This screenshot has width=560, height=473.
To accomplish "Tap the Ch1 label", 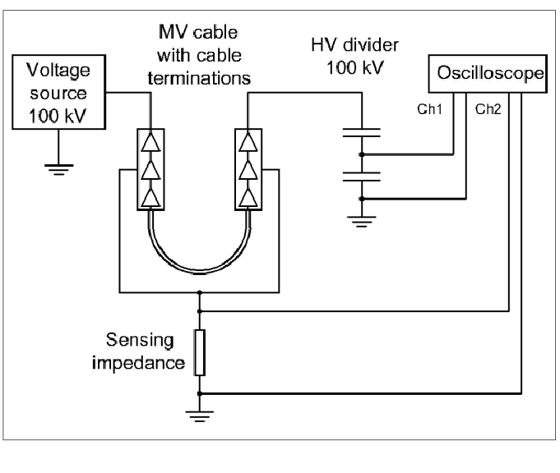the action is pos(429,109).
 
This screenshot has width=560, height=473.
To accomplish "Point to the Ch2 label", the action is pos(488,109).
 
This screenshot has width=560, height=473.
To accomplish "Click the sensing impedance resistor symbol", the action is pos(200,352).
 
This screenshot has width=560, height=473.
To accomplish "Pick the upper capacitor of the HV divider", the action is pos(362,133).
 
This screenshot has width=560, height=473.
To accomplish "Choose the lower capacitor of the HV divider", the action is pos(362,177).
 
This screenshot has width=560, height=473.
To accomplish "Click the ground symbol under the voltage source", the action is pos(59,170).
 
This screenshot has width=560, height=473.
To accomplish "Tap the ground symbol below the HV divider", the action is pos(362,222).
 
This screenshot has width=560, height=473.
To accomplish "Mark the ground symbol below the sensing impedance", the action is pos(200,416).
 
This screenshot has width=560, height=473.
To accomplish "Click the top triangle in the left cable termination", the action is pos(150,143).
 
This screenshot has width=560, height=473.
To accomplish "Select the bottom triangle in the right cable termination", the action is pos(248,198).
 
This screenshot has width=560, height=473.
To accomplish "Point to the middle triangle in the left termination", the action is pos(150,170).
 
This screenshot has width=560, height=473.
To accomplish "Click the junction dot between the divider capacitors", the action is pos(362,154).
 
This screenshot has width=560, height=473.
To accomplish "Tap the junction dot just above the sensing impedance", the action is pos(200,311).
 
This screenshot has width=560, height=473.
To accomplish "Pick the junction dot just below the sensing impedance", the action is pos(200,393).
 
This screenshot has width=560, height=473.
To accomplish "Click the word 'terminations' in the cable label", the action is pos(199,78).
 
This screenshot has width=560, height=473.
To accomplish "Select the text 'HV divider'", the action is pos(354,45).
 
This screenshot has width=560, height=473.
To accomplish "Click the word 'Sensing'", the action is pos(140,340).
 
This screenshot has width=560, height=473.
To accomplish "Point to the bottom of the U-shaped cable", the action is pos(199,272).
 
